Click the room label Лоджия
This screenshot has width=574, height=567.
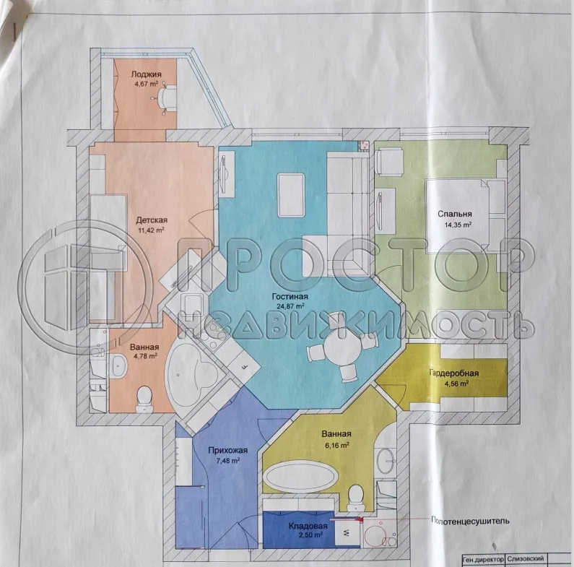point(145,74)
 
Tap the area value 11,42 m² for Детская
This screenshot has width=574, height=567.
point(152,231)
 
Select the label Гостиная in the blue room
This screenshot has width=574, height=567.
point(291,297)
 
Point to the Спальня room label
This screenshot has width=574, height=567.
point(454,214)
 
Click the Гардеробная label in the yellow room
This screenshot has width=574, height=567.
point(454,373)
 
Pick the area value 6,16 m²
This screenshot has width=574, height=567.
point(336,446)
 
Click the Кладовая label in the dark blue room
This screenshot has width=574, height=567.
point(308,527)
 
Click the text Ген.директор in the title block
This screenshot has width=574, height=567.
point(482,559)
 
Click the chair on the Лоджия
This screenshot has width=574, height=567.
point(168,98)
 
